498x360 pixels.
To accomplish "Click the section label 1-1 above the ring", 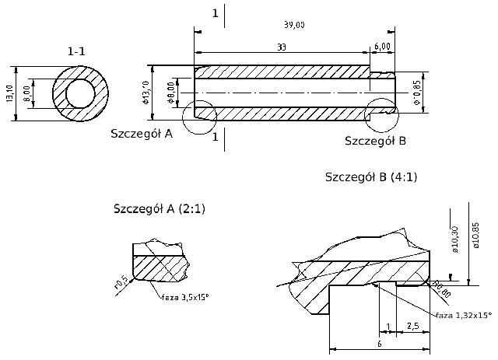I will [76, 51].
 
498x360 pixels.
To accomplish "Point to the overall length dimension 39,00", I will [294, 25].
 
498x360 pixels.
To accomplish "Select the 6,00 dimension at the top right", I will [382, 47].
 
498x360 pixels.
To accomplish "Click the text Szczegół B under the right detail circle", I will [375, 141].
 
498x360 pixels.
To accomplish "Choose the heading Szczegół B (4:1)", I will [371, 177].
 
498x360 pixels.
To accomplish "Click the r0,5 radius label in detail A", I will [121, 281].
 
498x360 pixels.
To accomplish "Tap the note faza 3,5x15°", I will [185, 296].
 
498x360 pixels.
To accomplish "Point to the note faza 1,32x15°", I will [464, 315].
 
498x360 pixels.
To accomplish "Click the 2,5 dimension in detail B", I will [412, 325].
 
